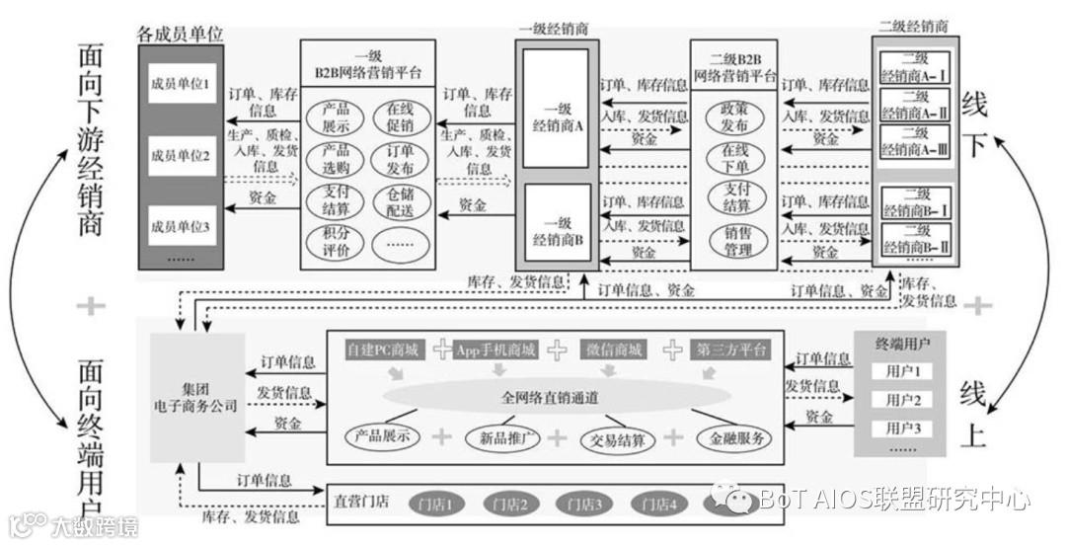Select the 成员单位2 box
(181, 156)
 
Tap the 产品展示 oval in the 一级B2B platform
(336, 117)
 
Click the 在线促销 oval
(401, 117)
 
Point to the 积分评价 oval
(336, 242)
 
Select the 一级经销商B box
(558, 229)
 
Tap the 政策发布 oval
(734, 117)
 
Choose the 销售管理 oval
(734, 241)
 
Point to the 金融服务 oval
(734, 437)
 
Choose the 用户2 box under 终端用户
(902, 401)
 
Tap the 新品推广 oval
(502, 437)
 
